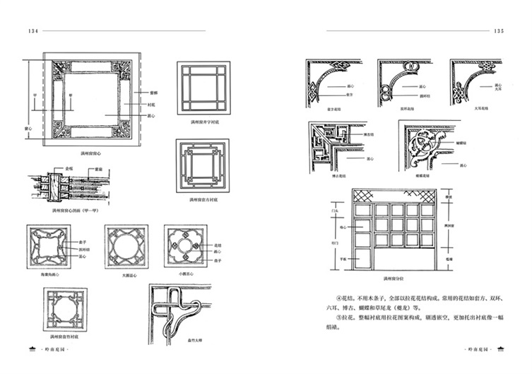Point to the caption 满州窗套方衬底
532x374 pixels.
(x=203, y=200)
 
